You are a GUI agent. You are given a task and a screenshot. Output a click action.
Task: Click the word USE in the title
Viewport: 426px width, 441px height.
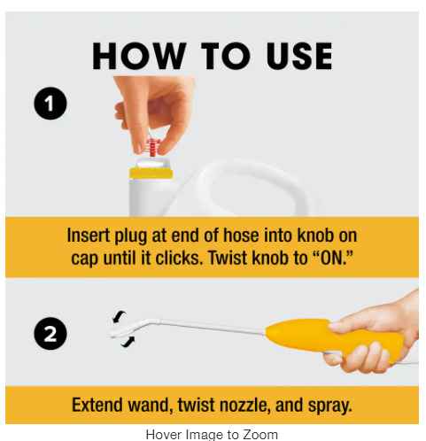pyautogui.click(x=299, y=56)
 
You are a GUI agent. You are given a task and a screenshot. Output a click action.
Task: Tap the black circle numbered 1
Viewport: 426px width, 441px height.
pyautogui.click(x=50, y=103)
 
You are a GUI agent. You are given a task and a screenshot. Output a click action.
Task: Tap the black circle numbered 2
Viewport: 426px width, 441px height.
pyautogui.click(x=50, y=334)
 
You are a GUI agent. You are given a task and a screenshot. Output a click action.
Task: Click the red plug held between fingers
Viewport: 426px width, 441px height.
pyautogui.click(x=153, y=147)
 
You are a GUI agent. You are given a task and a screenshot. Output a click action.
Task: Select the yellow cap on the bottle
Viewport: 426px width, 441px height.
pyautogui.click(x=151, y=173)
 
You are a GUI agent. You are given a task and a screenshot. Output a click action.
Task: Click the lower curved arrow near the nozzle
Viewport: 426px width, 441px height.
pyautogui.click(x=128, y=342)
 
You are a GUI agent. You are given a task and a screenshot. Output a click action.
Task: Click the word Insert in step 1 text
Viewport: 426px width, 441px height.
pyautogui.click(x=88, y=236)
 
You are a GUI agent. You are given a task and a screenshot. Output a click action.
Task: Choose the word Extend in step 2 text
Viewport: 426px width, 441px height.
pyautogui.click(x=97, y=405)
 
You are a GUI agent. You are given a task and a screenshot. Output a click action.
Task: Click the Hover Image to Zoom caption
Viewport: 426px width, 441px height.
pyautogui.click(x=212, y=434)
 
